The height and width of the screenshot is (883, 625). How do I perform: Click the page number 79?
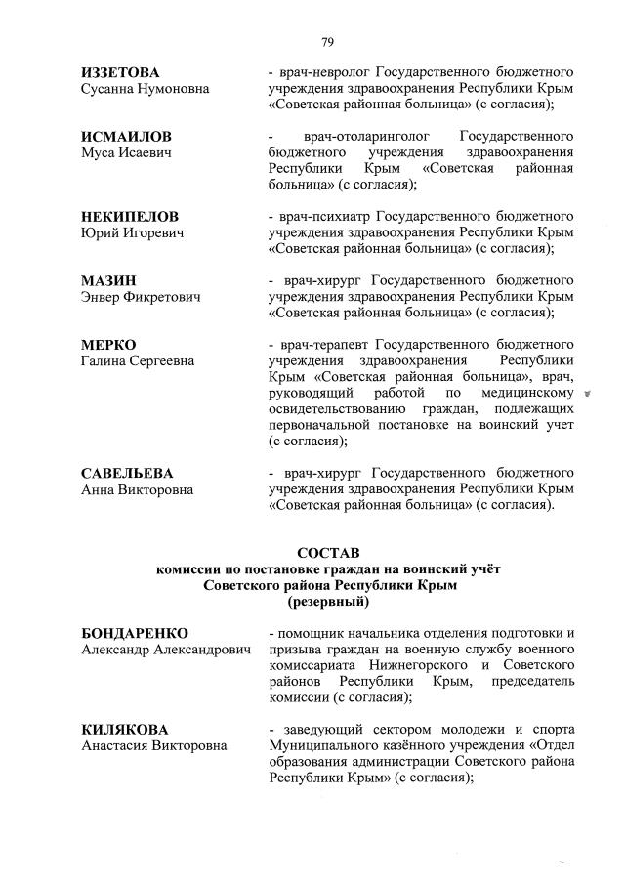point(328,41)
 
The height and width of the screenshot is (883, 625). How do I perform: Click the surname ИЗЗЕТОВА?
point(120,73)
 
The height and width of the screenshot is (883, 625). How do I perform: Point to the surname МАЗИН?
point(108,280)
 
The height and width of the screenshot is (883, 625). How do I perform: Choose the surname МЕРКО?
point(108,345)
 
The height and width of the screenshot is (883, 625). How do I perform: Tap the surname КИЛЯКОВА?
point(124,730)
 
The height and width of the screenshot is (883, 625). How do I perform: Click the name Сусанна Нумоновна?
point(145,90)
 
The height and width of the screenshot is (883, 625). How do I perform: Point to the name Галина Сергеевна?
point(138,361)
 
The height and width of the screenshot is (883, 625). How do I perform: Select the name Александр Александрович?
point(165,650)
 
